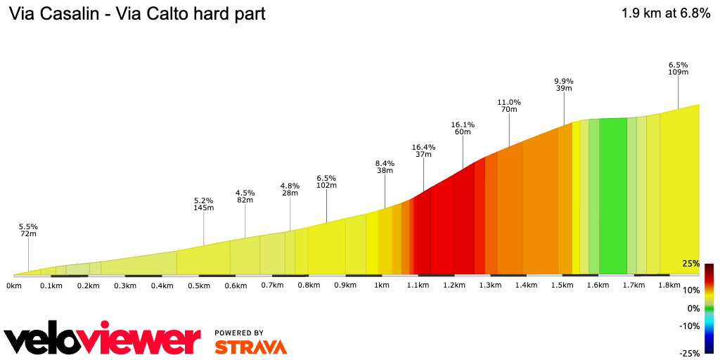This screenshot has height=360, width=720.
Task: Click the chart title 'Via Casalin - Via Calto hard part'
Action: point(136,14)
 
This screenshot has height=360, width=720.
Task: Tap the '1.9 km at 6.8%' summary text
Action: point(665,13)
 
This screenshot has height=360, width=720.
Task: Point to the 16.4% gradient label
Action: point(423,148)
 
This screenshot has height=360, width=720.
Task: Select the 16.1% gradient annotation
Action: point(463,124)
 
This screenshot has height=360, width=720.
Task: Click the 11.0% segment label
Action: point(508,102)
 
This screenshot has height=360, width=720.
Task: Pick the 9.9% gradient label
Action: point(564,81)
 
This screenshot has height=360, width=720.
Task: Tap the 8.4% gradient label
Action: point(385,163)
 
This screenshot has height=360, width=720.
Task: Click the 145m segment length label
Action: point(204,207)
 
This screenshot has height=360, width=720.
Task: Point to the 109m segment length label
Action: point(678,72)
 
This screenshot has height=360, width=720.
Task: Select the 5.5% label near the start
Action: point(28,226)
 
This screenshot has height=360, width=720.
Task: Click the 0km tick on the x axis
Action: point(14,286)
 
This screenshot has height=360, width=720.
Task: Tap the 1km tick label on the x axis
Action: point(382,286)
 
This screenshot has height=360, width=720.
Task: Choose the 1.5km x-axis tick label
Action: point(562,286)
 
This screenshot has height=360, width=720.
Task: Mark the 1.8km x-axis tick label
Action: point(670,286)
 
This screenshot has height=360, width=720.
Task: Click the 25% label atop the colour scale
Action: point(690,264)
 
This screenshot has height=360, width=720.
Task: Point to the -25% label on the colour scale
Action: point(689,353)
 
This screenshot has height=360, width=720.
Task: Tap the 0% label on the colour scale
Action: point(693,309)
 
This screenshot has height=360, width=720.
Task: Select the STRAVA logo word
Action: point(250,347)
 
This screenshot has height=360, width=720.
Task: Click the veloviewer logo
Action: point(103,340)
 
